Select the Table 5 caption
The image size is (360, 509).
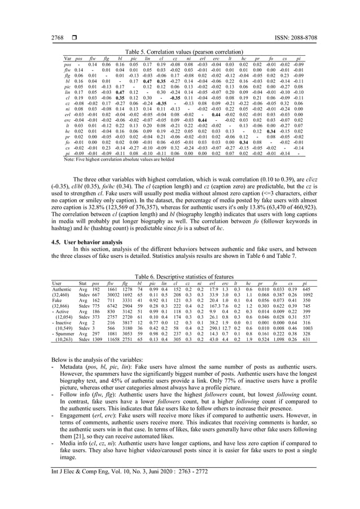click(181, 50)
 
